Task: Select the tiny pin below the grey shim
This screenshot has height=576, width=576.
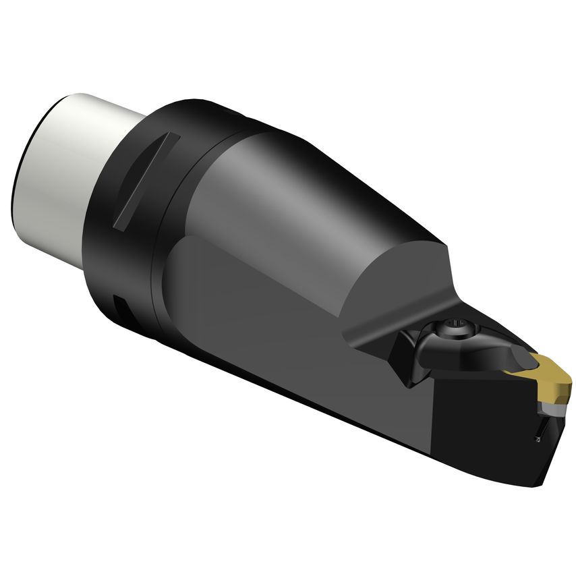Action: pos(537,439)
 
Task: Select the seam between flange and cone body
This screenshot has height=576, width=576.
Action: pos(177,223)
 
